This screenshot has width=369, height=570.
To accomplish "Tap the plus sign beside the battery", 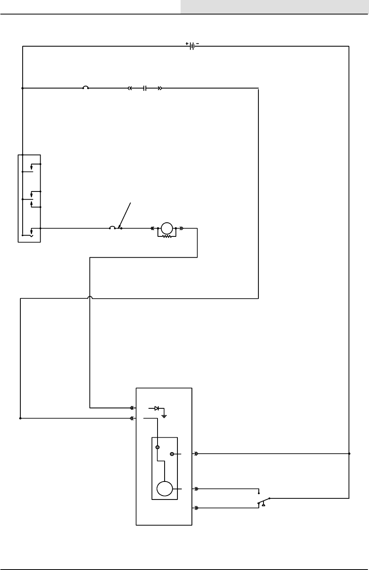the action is click(187, 43).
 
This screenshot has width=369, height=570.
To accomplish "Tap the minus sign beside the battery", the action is click(197, 43).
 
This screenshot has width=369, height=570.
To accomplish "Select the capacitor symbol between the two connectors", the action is click(145, 88).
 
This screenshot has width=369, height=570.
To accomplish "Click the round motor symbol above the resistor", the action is click(167, 227).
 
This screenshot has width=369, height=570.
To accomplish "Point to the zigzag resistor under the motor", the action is click(167, 236).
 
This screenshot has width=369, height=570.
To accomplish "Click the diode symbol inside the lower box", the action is click(156, 408).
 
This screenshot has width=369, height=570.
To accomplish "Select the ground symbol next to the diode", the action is click(165, 416).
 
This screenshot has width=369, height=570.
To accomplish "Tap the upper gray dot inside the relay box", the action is click(158, 447).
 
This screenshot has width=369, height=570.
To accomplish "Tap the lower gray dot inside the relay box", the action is click(172, 454).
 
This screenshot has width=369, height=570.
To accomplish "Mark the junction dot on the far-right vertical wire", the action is click(349, 454).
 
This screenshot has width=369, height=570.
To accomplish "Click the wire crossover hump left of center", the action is click(90, 298).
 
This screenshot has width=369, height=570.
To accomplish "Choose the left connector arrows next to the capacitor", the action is click(130, 88).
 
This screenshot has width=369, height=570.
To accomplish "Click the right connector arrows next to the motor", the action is click(182, 228).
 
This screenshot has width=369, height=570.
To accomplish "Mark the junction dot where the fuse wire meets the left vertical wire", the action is click(23, 88).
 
